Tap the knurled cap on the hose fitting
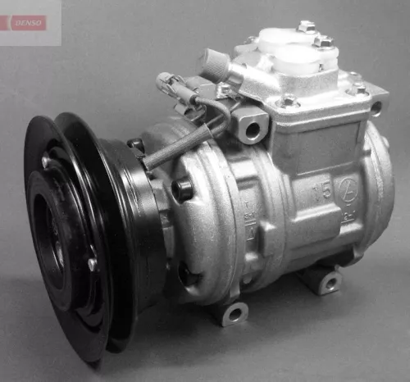pos(215,63)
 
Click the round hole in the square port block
pos(252,129)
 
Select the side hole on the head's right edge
pos(376,107)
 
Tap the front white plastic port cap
pos(297,59)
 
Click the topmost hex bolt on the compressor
pos(307,27)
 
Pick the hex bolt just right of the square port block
pos(289,102)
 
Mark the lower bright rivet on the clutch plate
pos(92,264)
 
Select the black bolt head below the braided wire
pos(182,190)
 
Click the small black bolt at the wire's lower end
pos(136,146)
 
